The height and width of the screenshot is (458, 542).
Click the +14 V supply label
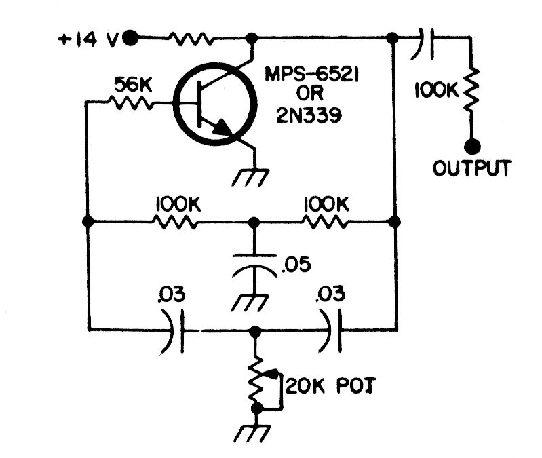point(88,40)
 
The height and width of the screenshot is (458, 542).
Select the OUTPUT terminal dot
point(472,147)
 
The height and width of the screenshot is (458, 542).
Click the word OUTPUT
point(471,168)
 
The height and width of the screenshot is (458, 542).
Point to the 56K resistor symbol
point(130,102)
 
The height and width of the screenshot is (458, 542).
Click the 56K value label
point(133,85)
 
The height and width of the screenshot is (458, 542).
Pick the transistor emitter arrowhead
point(222,129)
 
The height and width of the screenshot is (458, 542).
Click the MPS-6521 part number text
point(311,74)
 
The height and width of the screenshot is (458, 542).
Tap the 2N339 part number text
point(309,115)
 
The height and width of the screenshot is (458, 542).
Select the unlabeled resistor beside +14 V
point(191,39)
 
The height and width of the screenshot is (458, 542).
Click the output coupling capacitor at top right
point(422,43)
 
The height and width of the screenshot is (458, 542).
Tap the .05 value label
point(296,265)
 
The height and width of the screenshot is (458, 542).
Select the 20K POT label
point(330,385)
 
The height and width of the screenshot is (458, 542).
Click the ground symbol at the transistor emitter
point(250,178)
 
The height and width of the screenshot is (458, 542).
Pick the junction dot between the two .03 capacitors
point(255,331)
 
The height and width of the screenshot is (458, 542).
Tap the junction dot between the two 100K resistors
point(254,223)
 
